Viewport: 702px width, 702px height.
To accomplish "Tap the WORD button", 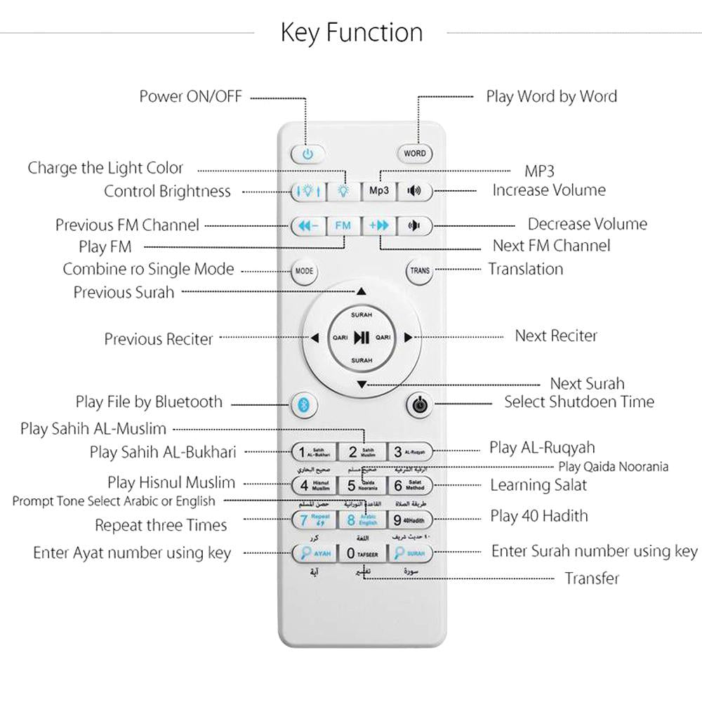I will pyautogui.click(x=414, y=154).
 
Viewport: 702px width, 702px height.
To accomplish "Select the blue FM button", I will pyautogui.click(x=343, y=226).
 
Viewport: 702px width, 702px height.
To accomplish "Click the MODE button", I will pyautogui.click(x=304, y=271).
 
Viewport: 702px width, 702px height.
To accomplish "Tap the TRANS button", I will pyautogui.click(x=420, y=271).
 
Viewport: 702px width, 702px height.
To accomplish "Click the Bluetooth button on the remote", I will pyautogui.click(x=305, y=405).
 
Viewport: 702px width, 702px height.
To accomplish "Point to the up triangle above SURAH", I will pyautogui.click(x=361, y=291).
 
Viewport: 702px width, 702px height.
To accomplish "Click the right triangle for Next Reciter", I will pyautogui.click(x=408, y=337).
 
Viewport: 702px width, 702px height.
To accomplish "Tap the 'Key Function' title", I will pyautogui.click(x=351, y=33).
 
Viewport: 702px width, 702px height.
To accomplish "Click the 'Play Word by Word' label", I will pyautogui.click(x=551, y=97).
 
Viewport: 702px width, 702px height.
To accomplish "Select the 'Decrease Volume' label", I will pyautogui.click(x=587, y=225).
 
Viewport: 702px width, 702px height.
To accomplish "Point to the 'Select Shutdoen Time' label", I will pyautogui.click(x=579, y=402).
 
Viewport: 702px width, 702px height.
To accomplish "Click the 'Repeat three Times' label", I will pyautogui.click(x=161, y=525).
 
